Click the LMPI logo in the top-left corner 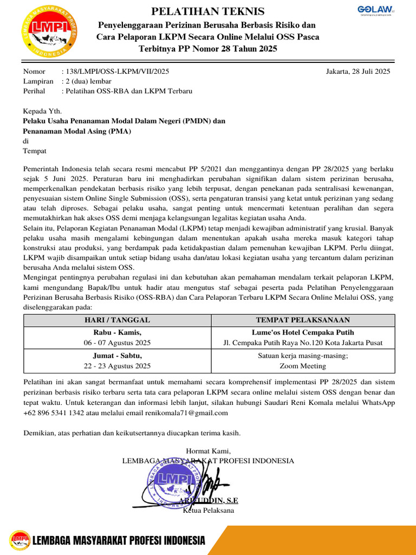tap(49, 31)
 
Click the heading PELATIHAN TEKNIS tap(208, 11)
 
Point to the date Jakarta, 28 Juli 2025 tap(358, 72)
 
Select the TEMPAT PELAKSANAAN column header tap(303, 320)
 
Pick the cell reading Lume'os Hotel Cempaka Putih tap(303, 332)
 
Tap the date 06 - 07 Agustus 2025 tap(118, 343)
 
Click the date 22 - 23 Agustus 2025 tap(118, 366)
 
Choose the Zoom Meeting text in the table tap(303, 366)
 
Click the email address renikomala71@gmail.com tap(186, 413)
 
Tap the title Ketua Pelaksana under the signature tap(209, 511)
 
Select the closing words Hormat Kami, tap(208, 451)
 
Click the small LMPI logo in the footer tap(19, 540)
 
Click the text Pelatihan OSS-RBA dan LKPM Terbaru tap(129, 91)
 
